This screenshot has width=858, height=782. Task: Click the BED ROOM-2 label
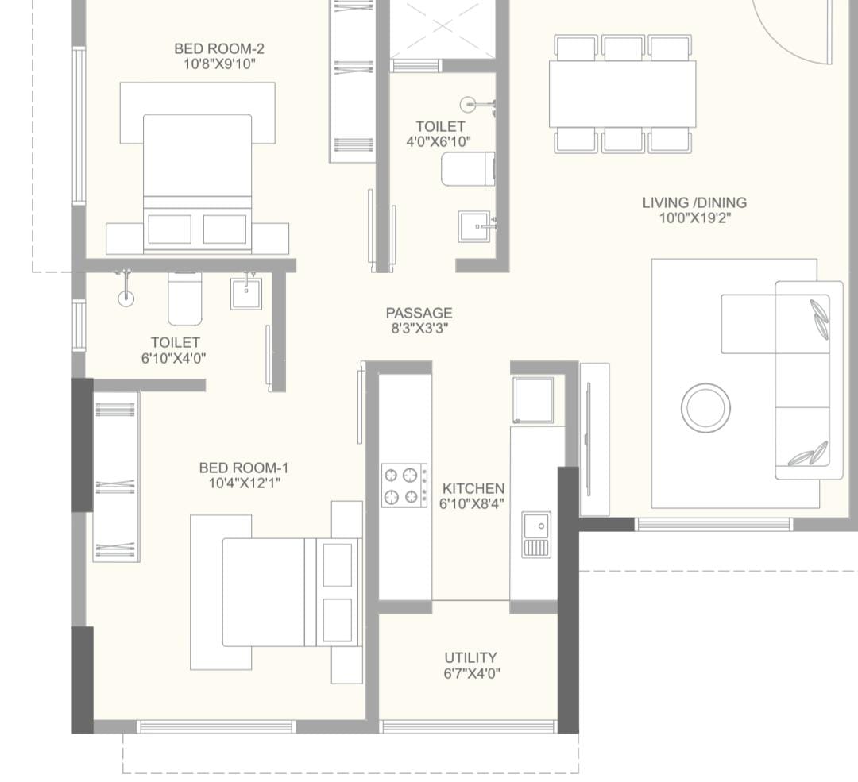(219, 48)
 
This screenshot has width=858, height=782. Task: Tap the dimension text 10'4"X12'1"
(245, 483)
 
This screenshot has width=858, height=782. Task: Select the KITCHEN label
(473, 488)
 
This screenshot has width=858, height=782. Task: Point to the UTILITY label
(470, 657)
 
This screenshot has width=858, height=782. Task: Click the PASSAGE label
(419, 314)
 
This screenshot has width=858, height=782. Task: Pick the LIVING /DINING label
(694, 203)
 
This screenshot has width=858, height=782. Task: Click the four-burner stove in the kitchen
(404, 485)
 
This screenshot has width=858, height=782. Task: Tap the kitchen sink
(536, 534)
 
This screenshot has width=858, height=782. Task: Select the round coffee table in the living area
(706, 408)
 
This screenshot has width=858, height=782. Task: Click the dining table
(623, 94)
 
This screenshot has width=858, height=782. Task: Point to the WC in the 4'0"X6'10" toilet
(469, 170)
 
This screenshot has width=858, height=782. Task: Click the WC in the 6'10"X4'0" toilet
(185, 299)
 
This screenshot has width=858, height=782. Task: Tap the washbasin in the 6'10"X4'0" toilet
(246, 293)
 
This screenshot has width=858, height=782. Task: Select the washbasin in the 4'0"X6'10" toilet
(475, 225)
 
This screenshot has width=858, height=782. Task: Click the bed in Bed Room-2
(198, 183)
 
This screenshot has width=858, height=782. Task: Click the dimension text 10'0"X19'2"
(695, 218)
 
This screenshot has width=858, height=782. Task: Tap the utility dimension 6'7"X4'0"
(472, 673)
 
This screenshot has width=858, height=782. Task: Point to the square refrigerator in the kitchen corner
(533, 400)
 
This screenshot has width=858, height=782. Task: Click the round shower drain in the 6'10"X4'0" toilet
(126, 298)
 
